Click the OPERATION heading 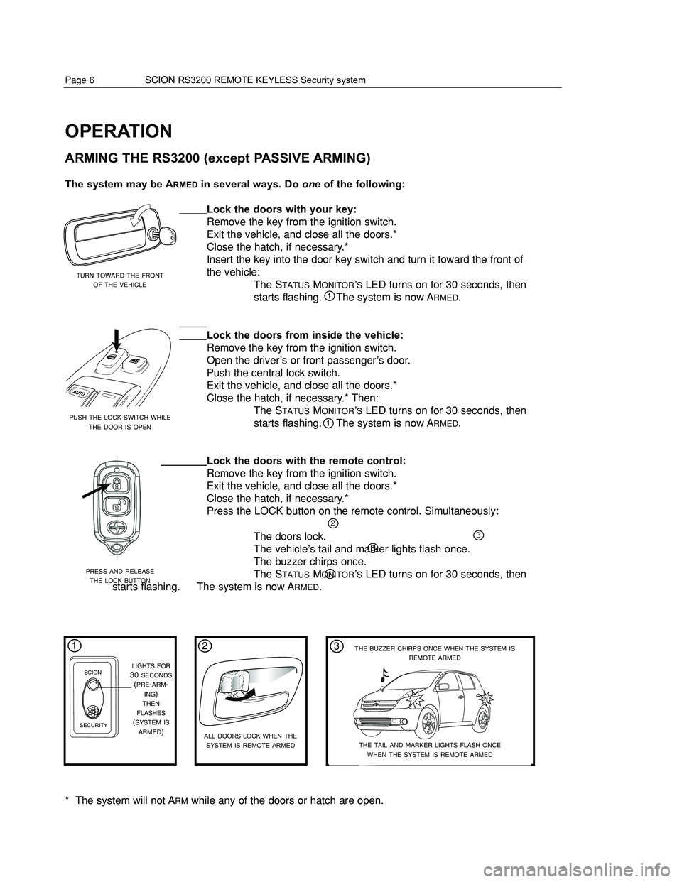(118, 131)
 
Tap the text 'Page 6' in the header (80, 80)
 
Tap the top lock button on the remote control (116, 485)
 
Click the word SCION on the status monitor (93, 672)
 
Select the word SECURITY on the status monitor (94, 724)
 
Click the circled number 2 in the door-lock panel (205, 646)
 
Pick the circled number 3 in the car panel (335, 646)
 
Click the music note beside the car (385, 675)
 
